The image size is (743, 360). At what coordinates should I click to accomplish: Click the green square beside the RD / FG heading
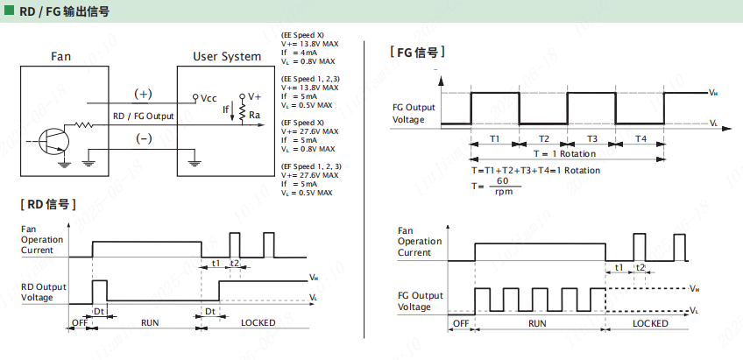(x=9, y=12)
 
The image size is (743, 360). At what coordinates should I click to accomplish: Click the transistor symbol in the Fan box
(x=54, y=141)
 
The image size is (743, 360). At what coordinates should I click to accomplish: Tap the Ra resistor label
(x=254, y=115)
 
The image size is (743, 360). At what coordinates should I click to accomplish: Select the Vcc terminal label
(x=209, y=98)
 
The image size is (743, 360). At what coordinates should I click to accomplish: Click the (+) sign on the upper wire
(x=142, y=94)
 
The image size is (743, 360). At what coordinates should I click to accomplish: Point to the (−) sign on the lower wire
(x=143, y=138)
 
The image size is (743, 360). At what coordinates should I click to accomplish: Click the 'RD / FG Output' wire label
(x=144, y=116)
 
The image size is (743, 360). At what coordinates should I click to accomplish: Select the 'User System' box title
(x=227, y=57)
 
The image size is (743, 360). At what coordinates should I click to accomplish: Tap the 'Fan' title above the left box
(x=60, y=57)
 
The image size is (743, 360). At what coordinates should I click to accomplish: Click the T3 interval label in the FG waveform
(x=592, y=139)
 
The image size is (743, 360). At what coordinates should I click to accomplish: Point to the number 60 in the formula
(x=502, y=180)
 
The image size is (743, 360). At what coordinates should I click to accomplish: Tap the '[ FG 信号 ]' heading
(x=417, y=53)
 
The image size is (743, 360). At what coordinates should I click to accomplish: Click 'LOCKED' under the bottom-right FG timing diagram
(x=650, y=322)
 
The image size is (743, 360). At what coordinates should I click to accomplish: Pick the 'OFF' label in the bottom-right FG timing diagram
(x=460, y=322)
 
